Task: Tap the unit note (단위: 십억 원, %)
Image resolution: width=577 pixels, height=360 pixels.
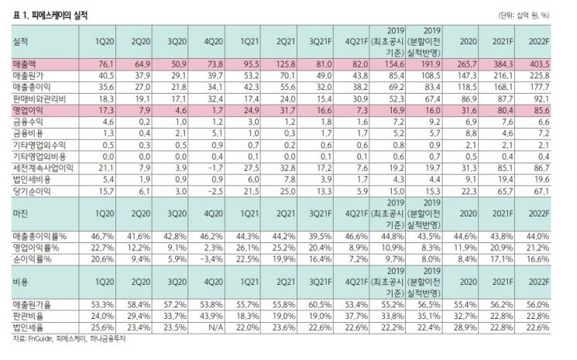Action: (524, 15)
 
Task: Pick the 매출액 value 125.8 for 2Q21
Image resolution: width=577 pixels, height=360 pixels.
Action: (286, 64)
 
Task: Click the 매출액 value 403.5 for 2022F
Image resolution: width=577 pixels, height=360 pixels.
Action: (539, 64)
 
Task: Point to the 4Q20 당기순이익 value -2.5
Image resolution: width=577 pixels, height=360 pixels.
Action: (213, 191)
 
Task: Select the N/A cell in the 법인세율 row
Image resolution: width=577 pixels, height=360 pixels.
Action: (215, 327)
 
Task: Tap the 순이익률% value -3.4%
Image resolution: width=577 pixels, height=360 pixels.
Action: (211, 259)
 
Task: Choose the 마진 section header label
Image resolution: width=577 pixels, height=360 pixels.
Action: (20, 214)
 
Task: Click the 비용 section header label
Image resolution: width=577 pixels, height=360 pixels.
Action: (20, 282)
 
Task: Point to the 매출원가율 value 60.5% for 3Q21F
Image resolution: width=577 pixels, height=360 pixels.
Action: (320, 304)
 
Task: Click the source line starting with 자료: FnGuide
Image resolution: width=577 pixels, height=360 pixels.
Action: (69, 338)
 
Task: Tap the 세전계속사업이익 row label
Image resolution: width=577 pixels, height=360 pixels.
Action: (43, 168)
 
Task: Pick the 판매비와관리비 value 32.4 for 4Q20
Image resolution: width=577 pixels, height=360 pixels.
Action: (215, 99)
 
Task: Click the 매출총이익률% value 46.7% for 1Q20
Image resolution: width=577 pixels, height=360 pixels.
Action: (103, 236)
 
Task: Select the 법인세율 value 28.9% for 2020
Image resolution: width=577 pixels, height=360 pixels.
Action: (466, 327)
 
